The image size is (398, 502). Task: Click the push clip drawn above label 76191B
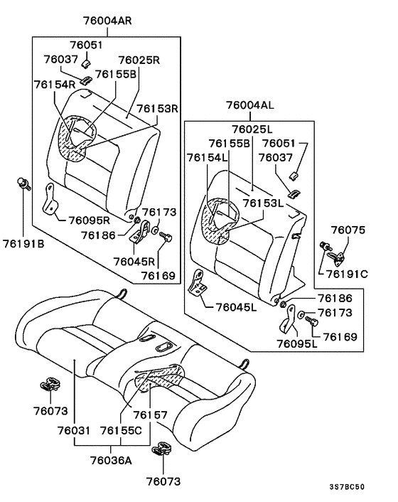click(23, 186)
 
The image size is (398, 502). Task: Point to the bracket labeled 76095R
click(50, 198)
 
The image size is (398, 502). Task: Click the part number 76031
click(73, 431)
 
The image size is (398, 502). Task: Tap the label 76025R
click(138, 61)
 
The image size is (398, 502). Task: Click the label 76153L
click(264, 203)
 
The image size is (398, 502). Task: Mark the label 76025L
click(252, 129)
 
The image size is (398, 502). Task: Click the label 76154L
click(208, 156)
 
